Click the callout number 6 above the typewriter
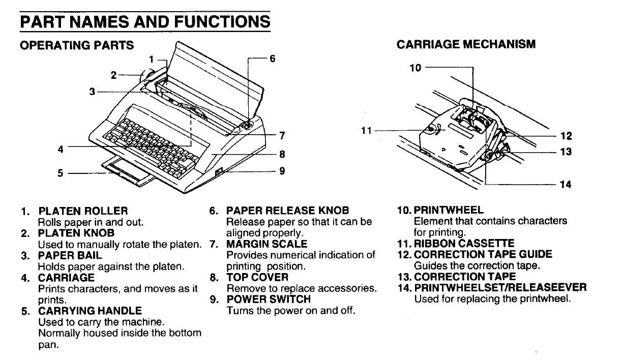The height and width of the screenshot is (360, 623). [x=273, y=58]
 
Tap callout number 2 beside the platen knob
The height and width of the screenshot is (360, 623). [x=114, y=75]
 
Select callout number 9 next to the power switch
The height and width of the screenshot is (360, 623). [x=282, y=171]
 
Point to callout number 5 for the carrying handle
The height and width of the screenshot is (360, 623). [x=61, y=173]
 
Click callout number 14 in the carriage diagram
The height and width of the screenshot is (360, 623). [x=566, y=185]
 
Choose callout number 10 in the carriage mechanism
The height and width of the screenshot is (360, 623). [x=416, y=67]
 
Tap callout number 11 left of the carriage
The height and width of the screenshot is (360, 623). [x=367, y=131]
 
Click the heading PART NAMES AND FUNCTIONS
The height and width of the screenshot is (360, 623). [x=144, y=21]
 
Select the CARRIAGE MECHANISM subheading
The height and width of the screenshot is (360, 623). [x=466, y=44]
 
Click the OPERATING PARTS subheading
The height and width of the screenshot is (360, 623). [x=77, y=45]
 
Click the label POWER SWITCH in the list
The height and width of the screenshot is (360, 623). [x=268, y=299]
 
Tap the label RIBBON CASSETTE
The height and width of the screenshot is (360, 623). [x=464, y=244]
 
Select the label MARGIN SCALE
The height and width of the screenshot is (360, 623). [x=266, y=244]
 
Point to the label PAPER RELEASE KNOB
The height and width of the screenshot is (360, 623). [x=287, y=211]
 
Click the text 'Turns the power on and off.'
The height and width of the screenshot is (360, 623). [x=290, y=310]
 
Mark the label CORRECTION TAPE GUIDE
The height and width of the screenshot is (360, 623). [x=483, y=254]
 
